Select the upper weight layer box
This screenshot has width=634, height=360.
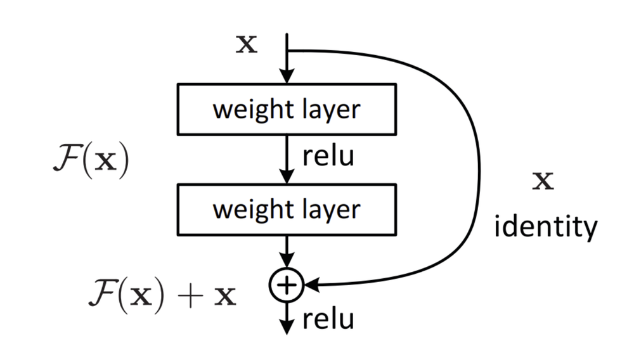(x=287, y=109)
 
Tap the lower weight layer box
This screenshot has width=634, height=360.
(x=287, y=209)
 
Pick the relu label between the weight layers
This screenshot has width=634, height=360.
(x=328, y=156)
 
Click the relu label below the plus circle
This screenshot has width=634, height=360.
(x=328, y=320)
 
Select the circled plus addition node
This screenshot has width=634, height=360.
(x=287, y=286)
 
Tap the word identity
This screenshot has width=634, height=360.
(x=545, y=226)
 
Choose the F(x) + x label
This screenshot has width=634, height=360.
(x=162, y=295)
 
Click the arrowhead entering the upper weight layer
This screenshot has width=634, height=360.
(x=287, y=76)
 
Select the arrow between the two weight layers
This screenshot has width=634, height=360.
(x=287, y=158)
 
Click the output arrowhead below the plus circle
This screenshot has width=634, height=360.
(x=287, y=326)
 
